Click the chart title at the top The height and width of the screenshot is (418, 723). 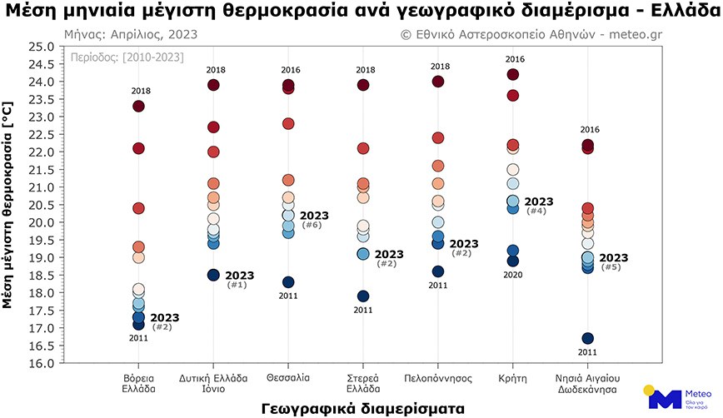pos(361,12)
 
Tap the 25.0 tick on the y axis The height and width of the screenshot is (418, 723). pos(41,47)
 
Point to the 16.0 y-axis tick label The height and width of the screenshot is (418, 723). pos(41,364)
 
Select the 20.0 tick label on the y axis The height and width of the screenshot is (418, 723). pos(41,223)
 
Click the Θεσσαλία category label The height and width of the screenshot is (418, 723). pos(288,378)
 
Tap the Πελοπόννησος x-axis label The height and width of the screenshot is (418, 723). pos(438,378)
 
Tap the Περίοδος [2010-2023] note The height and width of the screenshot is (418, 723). pos(124,57)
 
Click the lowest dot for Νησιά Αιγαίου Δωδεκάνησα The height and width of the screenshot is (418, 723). pos(588,338)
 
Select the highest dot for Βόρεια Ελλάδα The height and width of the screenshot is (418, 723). pos(138,106)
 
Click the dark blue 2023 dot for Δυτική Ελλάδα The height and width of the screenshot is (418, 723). pos(213,275)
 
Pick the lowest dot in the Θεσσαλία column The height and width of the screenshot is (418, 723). pos(288,282)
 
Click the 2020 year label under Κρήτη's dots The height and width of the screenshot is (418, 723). pos(514,274)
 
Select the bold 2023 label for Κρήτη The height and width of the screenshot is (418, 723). pos(539,202)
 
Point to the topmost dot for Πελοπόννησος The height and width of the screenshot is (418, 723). pos(438,82)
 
